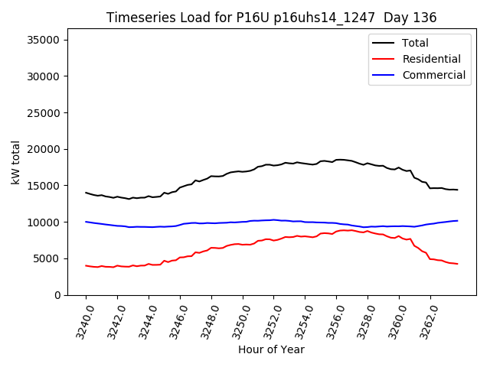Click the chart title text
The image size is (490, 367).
[271, 18]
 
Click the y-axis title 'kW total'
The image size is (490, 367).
[16, 162]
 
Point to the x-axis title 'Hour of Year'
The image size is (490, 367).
[271, 349]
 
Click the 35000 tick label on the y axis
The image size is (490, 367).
[47, 40]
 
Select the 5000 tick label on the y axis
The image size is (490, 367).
[51, 258]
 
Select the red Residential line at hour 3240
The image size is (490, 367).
[86, 265]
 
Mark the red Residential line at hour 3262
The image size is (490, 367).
[430, 258]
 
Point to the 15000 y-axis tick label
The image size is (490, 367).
[47, 186]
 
